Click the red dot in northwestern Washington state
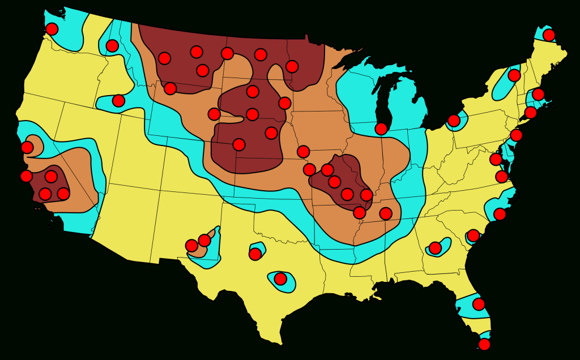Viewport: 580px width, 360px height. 52,29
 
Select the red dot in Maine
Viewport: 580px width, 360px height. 549,35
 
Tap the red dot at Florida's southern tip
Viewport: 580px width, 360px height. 484,344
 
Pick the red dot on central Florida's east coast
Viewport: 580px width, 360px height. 479,304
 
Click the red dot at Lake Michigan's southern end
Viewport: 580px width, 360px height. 381,128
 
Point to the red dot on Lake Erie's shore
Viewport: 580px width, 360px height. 454,121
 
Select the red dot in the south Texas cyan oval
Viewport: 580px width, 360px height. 280,278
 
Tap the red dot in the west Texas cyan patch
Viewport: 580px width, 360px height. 255,254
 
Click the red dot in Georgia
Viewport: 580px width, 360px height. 435,248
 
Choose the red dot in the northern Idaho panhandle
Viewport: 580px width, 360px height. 112,46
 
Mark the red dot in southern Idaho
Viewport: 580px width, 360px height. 118,101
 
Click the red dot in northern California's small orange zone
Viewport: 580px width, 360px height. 27,147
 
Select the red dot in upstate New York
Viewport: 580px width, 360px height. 514,75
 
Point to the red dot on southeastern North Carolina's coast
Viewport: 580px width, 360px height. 500,214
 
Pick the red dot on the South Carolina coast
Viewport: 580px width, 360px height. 473,235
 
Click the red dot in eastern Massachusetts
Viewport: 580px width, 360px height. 538,94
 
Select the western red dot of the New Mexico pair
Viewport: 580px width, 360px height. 192,246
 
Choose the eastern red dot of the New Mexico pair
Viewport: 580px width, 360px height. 204,241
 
